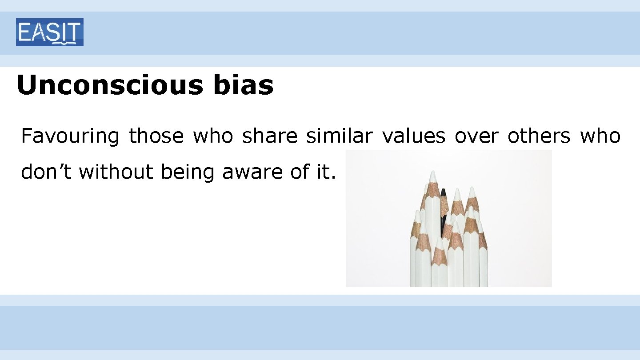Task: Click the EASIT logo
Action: [49, 32]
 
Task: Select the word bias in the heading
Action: [243, 85]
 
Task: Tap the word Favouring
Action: [70, 136]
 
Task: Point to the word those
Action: [156, 136]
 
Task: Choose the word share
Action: [270, 136]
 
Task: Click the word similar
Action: [340, 136]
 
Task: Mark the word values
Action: [413, 136]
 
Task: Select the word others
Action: [539, 136]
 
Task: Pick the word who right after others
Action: [600, 136]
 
